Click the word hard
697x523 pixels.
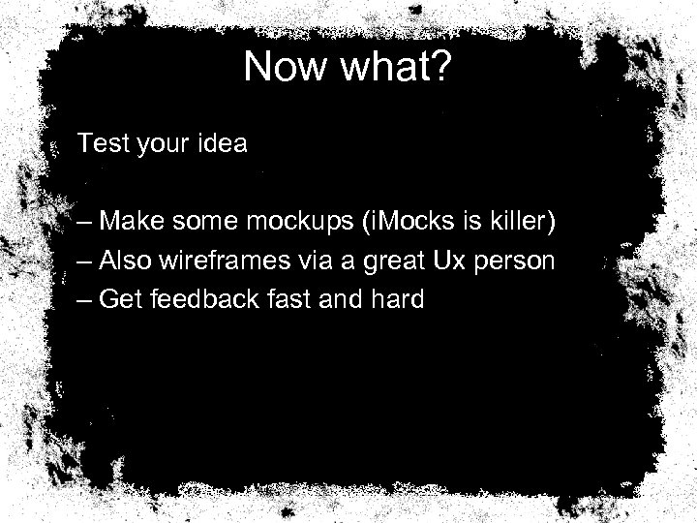(397, 299)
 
